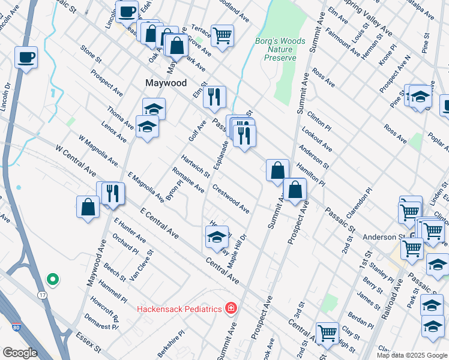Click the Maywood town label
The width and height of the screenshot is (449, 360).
166,83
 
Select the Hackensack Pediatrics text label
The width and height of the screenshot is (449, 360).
179,309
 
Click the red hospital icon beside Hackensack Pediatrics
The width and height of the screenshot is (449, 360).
230,308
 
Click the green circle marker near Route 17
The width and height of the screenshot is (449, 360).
52,279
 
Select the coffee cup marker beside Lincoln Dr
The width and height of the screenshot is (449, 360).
26,58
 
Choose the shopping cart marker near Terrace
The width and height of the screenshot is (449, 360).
222,35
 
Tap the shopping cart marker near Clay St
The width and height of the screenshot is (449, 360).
327,332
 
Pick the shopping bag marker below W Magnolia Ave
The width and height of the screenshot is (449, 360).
88,207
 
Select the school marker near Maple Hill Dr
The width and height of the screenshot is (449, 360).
217,236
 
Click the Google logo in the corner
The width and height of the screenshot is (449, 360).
20,353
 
